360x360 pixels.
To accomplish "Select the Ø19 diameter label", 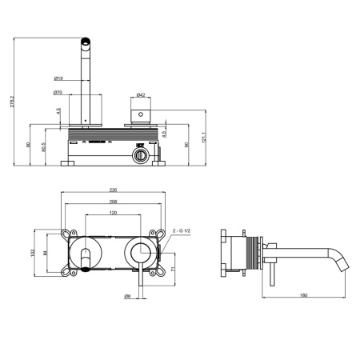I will [x=60, y=78].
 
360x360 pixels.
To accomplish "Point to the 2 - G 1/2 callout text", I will [x=183, y=230].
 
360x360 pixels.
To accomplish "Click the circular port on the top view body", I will [x=141, y=154].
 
